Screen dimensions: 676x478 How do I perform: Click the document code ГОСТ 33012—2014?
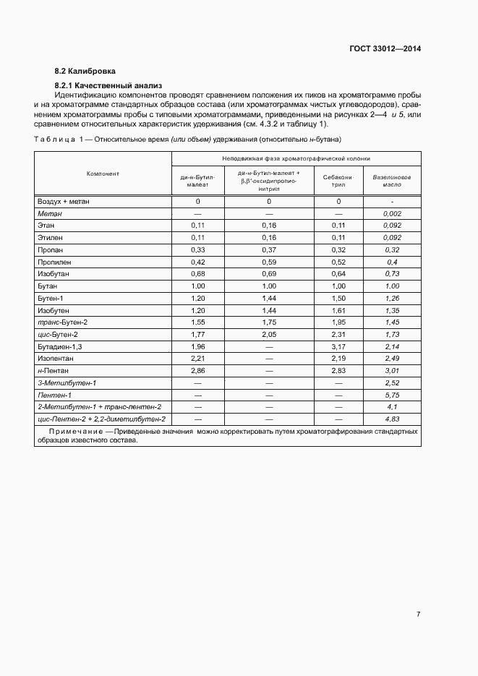(x=385, y=49)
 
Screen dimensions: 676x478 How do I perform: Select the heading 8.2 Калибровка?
(x=85, y=71)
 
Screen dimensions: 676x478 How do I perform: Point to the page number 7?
(x=418, y=614)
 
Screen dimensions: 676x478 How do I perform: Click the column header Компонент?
(x=103, y=174)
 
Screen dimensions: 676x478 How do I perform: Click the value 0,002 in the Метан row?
(x=391, y=214)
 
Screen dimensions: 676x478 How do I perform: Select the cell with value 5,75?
(x=391, y=395)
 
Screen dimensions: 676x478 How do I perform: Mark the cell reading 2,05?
(x=268, y=334)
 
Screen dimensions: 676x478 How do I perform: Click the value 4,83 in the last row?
(x=391, y=419)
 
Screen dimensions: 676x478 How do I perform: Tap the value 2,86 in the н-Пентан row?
(x=197, y=370)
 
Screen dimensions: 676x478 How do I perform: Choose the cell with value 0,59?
(x=268, y=262)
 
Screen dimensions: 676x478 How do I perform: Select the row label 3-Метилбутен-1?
(x=67, y=382)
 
